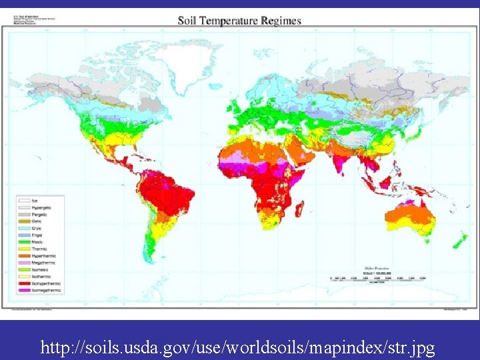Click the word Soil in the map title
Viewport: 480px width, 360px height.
coord(188,20)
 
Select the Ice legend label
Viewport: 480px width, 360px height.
coord(35,201)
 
